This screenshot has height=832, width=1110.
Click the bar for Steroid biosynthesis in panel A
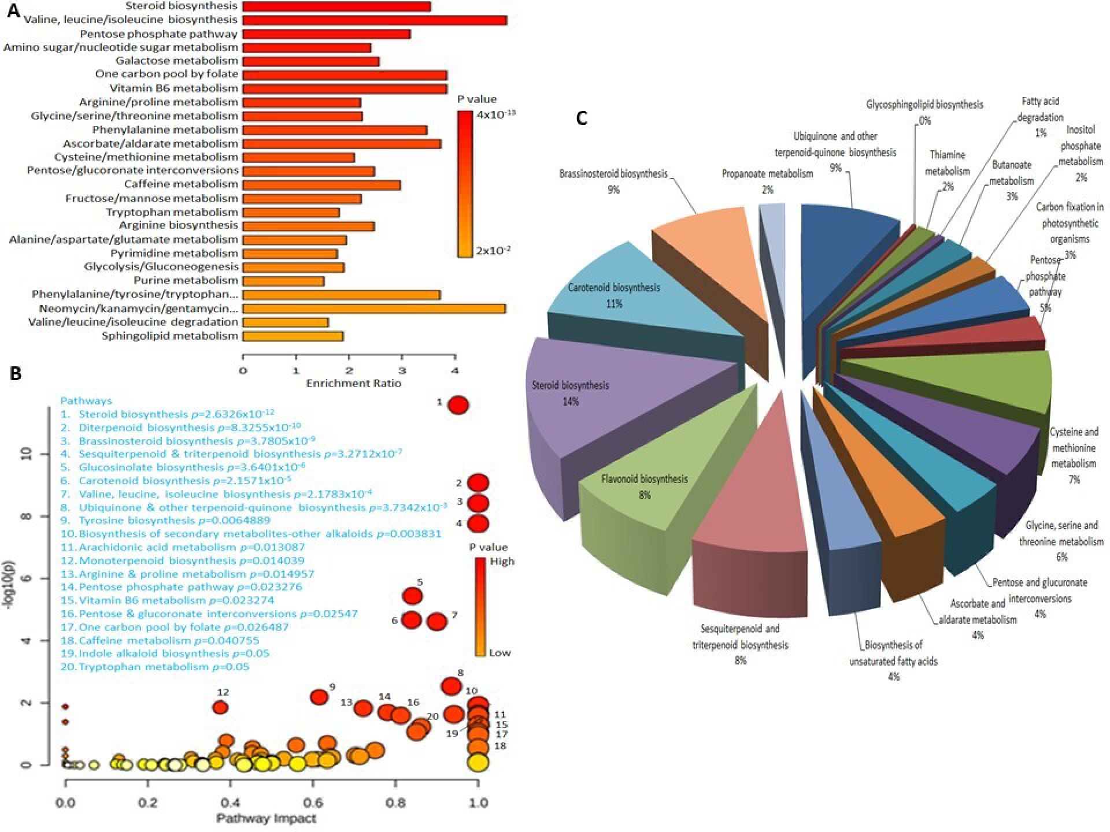tap(336, 6)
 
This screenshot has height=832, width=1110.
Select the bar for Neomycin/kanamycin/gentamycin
tap(373, 309)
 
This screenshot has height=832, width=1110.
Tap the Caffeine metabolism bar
tap(321, 185)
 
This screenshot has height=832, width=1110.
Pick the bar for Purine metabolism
tap(283, 281)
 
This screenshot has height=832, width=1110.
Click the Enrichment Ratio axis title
tap(353, 383)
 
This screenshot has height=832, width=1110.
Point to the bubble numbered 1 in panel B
tap(458, 405)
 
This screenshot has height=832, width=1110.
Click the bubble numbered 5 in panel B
tap(412, 596)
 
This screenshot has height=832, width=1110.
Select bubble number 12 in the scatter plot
tap(220, 707)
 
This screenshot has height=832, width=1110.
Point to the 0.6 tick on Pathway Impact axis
tap(313, 803)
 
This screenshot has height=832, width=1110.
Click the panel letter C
tap(582, 118)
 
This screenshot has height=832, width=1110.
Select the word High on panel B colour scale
tap(501, 561)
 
